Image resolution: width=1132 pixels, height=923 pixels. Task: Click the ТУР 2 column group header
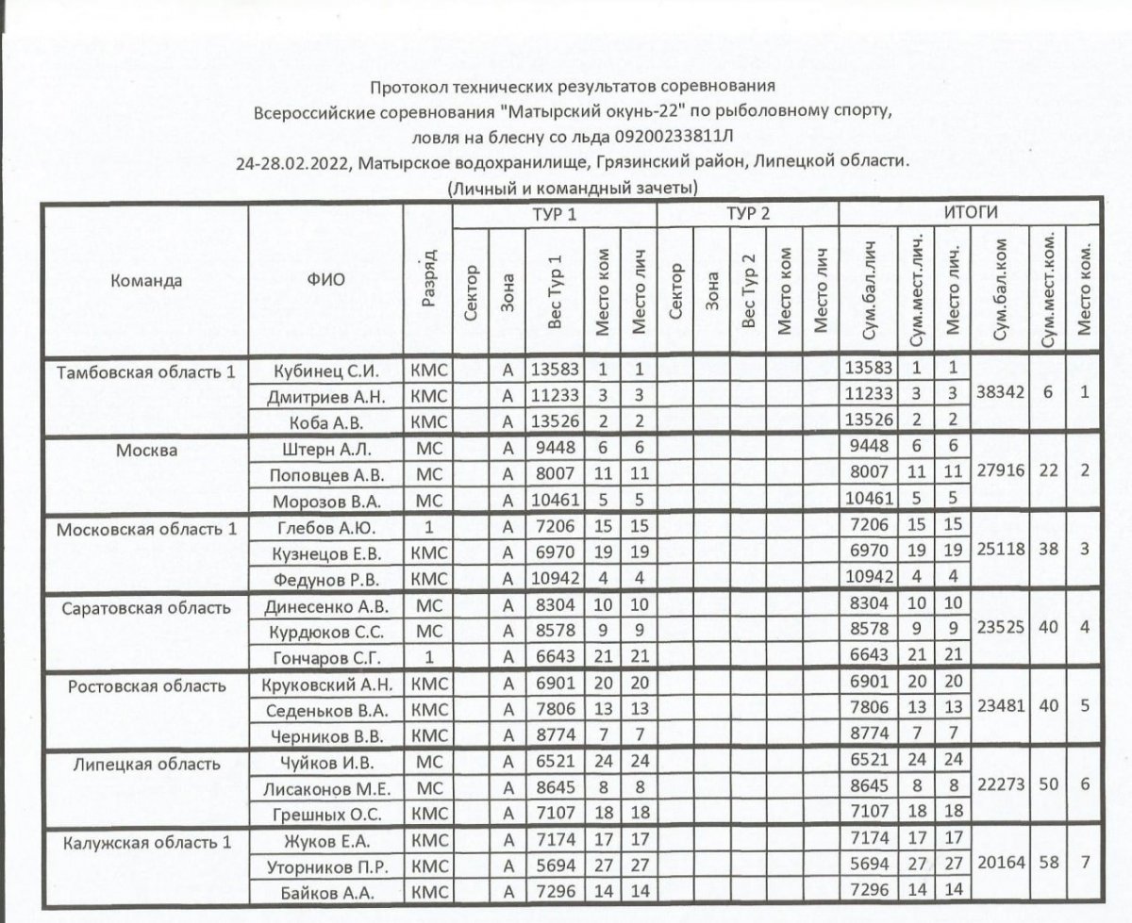747,214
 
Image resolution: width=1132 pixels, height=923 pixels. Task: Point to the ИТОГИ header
971,212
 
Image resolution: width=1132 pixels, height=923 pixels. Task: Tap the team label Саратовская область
145,607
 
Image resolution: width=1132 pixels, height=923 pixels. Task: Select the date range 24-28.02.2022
295,161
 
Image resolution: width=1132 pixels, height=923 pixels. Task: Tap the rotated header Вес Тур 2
749,291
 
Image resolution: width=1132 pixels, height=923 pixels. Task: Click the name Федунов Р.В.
325,576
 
